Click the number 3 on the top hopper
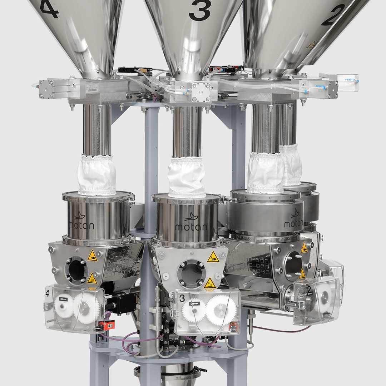(200, 11)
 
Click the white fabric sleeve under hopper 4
(97, 175)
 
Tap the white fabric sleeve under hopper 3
(187, 177)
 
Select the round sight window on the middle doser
(191, 273)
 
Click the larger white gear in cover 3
(221, 311)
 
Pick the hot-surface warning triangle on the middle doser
(210, 283)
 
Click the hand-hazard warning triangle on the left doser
(92, 256)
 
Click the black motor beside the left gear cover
(121, 303)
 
